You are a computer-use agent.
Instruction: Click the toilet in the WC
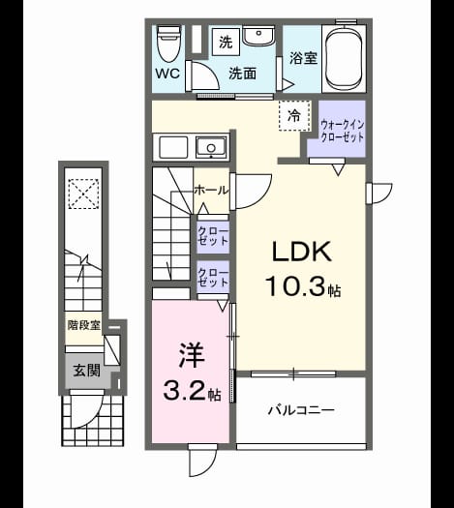click(x=168, y=44)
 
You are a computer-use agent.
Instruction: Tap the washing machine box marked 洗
click(x=226, y=42)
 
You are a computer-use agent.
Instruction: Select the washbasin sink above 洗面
click(x=258, y=37)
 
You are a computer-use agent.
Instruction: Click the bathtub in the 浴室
click(x=344, y=59)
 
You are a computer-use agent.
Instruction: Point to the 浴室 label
click(x=303, y=58)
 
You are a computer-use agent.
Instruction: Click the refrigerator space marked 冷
click(x=294, y=115)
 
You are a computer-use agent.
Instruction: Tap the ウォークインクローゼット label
click(x=342, y=131)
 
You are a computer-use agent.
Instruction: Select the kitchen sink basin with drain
click(x=211, y=147)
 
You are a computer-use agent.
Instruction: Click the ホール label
click(x=211, y=191)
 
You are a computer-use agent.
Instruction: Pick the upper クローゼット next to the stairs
click(x=213, y=237)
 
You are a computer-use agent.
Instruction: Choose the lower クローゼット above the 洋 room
click(x=213, y=278)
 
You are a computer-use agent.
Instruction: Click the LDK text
click(x=302, y=252)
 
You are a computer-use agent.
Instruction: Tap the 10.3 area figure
click(x=294, y=287)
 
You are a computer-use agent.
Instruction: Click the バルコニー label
click(x=301, y=410)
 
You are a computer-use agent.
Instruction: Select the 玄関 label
click(x=86, y=371)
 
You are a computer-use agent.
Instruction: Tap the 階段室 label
click(x=84, y=325)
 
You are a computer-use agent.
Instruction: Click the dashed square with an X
click(x=83, y=194)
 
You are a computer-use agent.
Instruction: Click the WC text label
click(x=167, y=74)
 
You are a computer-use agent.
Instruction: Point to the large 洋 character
click(x=191, y=355)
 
